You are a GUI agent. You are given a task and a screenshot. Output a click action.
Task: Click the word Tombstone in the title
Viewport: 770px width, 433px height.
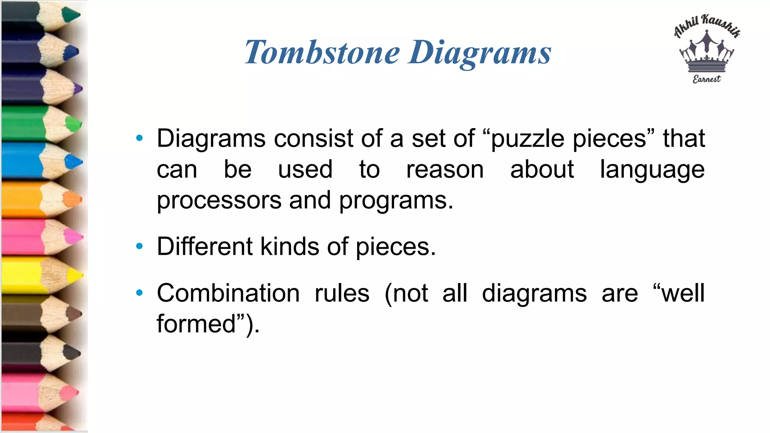[x=322, y=52]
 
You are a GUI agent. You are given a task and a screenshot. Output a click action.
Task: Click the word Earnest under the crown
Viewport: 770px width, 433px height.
[x=707, y=79]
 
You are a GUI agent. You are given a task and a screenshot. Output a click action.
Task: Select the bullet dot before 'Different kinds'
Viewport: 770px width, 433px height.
[x=139, y=247]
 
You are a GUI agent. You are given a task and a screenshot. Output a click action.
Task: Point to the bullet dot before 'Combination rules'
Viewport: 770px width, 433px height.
[x=139, y=293]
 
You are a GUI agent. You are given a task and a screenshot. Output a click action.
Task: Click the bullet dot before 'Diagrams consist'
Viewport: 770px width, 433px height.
[x=139, y=138]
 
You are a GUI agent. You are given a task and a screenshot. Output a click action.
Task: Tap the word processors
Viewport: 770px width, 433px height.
[x=219, y=201]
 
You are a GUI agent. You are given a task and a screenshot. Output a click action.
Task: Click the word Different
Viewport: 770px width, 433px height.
[x=205, y=247]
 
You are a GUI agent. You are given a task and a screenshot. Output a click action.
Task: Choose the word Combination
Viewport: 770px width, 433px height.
[x=228, y=293]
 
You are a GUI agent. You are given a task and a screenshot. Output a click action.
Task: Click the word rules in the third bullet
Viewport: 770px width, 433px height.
[x=342, y=293]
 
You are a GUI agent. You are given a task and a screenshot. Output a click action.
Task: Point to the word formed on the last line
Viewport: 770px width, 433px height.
[x=196, y=324]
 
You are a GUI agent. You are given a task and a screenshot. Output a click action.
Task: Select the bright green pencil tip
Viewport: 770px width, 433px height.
[x=74, y=124]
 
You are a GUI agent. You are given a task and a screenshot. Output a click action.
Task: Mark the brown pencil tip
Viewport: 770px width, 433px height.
[x=74, y=314]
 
